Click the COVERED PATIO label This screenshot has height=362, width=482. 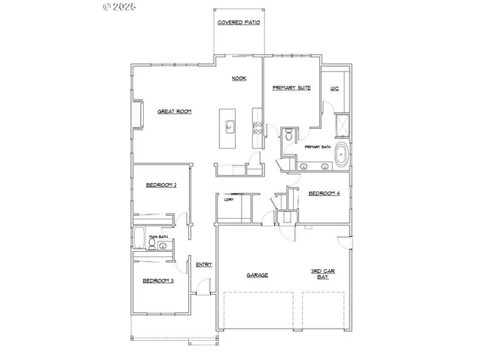[x=239, y=23]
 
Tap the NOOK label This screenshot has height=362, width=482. [x=239, y=78]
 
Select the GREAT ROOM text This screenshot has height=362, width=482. [x=174, y=112]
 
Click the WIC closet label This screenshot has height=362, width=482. [x=335, y=89]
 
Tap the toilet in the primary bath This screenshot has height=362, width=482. [x=288, y=136]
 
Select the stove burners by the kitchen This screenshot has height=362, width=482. [x=258, y=127]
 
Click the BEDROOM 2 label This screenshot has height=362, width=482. [x=161, y=185]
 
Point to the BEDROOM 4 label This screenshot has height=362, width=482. [x=325, y=193]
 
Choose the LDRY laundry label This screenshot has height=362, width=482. [x=229, y=199]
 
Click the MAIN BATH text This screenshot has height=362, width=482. [x=157, y=237]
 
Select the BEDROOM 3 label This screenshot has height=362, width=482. [x=159, y=281]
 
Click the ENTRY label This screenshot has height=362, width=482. [x=203, y=265]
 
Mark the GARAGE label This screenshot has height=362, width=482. [x=258, y=275]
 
